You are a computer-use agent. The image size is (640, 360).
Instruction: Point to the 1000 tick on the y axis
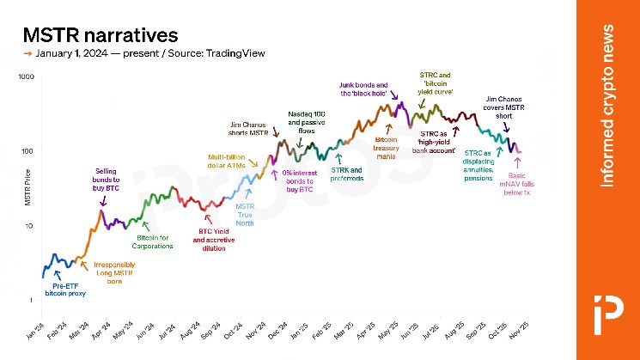point(25,77)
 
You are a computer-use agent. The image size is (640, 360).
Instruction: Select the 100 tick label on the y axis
point(27,151)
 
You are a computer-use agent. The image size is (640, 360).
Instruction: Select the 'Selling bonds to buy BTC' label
point(107,180)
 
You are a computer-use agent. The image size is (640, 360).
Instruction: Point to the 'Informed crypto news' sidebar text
point(608,106)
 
